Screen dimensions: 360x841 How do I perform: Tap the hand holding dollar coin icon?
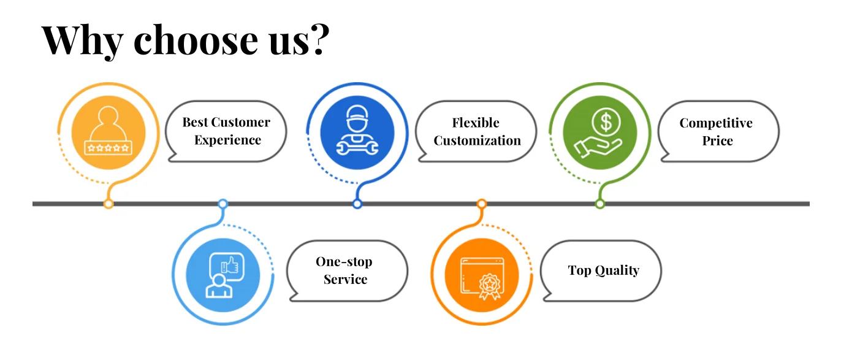tap(599, 132)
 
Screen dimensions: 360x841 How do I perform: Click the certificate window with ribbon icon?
tap(481, 274)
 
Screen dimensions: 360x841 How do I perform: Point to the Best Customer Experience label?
tap(227, 131)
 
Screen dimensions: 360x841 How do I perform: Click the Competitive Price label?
tap(716, 131)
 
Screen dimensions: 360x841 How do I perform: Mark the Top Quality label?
tap(603, 270)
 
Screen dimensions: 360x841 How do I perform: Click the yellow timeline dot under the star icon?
tap(108, 204)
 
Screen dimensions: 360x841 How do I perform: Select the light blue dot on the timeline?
tap(223, 204)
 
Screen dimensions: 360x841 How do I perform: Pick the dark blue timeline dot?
tap(357, 204)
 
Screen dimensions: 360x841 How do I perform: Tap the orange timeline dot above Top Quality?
tap(482, 204)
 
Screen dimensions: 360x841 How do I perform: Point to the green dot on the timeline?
tap(600, 204)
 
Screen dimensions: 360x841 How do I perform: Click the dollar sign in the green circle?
tap(606, 122)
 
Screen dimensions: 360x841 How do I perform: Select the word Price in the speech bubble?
tap(717, 140)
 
